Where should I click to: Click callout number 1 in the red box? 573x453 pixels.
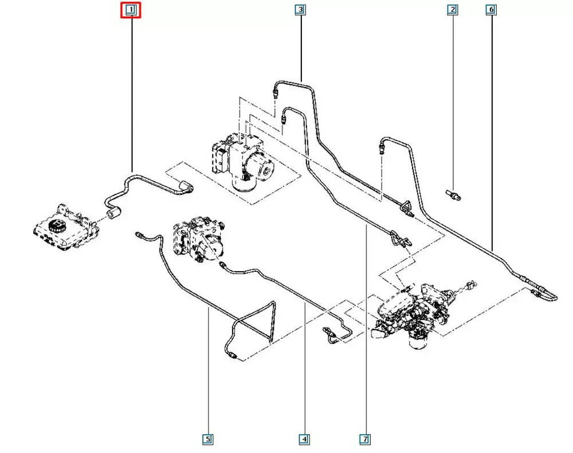tap(131, 10)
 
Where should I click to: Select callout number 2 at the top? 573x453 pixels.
tap(453, 10)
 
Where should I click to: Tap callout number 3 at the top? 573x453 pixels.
tap(300, 10)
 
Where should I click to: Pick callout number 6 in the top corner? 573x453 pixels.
tap(491, 10)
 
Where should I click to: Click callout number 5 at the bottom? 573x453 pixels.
tap(207, 439)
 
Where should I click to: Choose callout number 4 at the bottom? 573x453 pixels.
tap(304, 439)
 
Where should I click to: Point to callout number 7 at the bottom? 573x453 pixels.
tap(364, 439)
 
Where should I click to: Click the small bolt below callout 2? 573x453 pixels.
tap(453, 195)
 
